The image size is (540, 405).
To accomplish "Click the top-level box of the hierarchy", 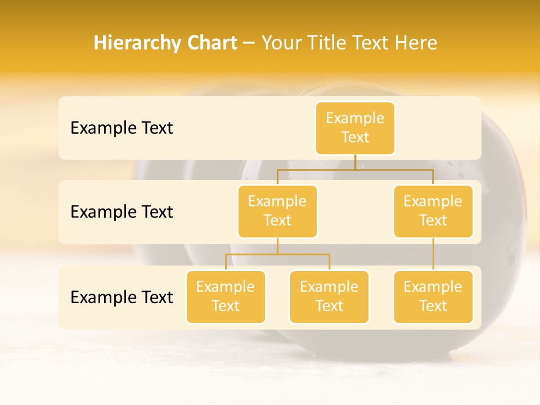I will pyautogui.click(x=355, y=128).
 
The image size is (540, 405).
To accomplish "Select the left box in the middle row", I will pyautogui.click(x=277, y=211).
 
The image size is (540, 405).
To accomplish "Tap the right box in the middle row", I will pyautogui.click(x=433, y=211).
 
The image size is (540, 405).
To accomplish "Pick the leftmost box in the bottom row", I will pyautogui.click(x=226, y=296).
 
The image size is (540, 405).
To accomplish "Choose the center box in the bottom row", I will pyautogui.click(x=329, y=296).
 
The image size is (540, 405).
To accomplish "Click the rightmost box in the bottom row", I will pyautogui.click(x=433, y=296).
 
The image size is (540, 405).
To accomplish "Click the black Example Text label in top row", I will pyautogui.click(x=121, y=128).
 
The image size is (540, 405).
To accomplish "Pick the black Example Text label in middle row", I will pyautogui.click(x=121, y=212).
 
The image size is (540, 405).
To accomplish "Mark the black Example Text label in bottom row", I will pyautogui.click(x=121, y=297).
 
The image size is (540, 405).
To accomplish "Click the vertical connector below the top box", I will pyautogui.click(x=355, y=162).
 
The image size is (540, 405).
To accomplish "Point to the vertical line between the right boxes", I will pyautogui.click(x=433, y=254).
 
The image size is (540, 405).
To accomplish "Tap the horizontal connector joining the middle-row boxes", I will pyautogui.click(x=355, y=169).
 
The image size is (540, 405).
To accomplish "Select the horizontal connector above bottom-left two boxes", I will pyautogui.click(x=277, y=254).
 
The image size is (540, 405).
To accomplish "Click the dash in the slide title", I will pyautogui.click(x=249, y=43).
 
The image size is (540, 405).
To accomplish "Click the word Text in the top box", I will pyautogui.click(x=355, y=138).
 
